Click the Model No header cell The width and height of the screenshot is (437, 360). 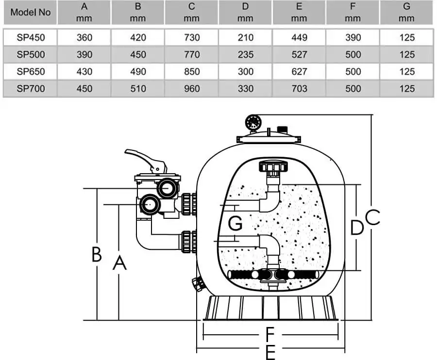click(x=30, y=13)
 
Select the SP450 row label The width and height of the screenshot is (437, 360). click(x=30, y=38)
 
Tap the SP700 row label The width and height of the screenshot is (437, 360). click(x=30, y=88)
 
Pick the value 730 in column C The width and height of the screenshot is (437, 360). click(x=192, y=38)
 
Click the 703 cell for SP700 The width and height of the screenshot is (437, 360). click(x=299, y=88)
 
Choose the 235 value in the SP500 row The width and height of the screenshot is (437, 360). click(x=245, y=55)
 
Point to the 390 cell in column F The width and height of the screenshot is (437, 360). click(x=353, y=38)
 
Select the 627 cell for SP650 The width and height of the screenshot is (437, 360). click(x=299, y=72)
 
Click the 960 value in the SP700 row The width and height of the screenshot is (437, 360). click(x=192, y=88)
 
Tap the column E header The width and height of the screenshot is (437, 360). click(x=299, y=12)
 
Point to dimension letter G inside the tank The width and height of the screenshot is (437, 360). click(x=235, y=223)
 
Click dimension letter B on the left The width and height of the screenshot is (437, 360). click(x=97, y=254)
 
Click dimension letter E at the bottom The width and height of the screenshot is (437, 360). click(x=270, y=352)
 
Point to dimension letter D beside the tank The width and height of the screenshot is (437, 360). click(x=357, y=227)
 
